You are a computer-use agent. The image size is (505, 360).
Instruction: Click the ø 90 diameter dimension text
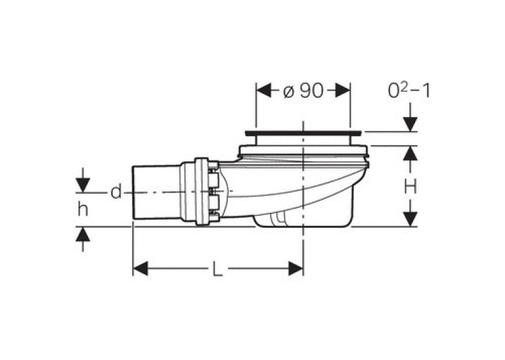(x=303, y=90)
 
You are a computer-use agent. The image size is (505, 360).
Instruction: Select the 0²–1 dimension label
(x=409, y=90)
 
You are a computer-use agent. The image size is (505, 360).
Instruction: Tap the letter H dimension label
(x=411, y=187)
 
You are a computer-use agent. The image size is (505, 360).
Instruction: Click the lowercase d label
(x=116, y=192)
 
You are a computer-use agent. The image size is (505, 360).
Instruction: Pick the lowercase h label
(x=83, y=209)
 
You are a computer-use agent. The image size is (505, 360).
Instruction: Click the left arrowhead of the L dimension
(x=141, y=268)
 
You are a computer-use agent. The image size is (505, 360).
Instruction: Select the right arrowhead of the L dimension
(x=296, y=268)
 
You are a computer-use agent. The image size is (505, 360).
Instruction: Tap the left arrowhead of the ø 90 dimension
(x=263, y=90)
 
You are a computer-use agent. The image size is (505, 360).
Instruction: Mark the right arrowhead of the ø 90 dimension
(x=343, y=90)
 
